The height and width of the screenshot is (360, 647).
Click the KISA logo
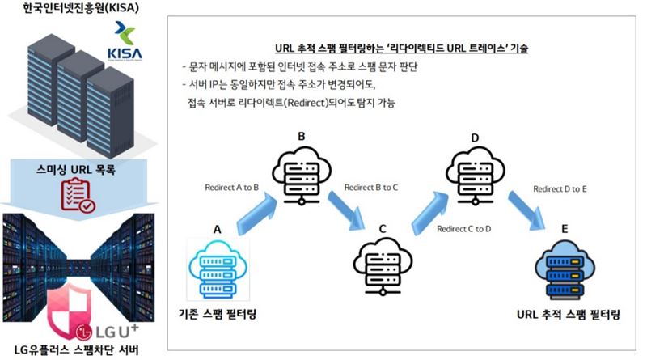coord(125,41)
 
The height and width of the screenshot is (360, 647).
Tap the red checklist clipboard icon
coord(78,195)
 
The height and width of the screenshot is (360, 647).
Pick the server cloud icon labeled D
coord(476,176)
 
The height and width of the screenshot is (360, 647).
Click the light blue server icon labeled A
coord(218,269)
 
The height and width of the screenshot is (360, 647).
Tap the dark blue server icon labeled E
coord(565,269)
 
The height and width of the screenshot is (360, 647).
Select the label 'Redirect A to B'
coord(232,188)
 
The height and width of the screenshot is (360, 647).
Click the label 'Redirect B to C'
coord(371,188)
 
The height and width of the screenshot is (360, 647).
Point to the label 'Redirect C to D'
coord(463,229)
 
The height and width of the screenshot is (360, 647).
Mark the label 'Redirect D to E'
coord(560,189)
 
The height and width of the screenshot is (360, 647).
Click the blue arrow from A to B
coord(257,214)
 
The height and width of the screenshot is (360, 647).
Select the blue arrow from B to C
coord(347,211)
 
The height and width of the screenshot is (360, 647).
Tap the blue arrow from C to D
coord(430,213)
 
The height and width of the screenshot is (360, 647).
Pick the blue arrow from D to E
coord(527,211)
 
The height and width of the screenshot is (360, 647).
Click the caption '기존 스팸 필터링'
coord(218,314)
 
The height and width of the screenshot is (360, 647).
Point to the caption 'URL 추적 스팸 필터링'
coord(569,314)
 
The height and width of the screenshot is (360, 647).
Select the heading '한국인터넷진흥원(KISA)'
coord(82,8)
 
